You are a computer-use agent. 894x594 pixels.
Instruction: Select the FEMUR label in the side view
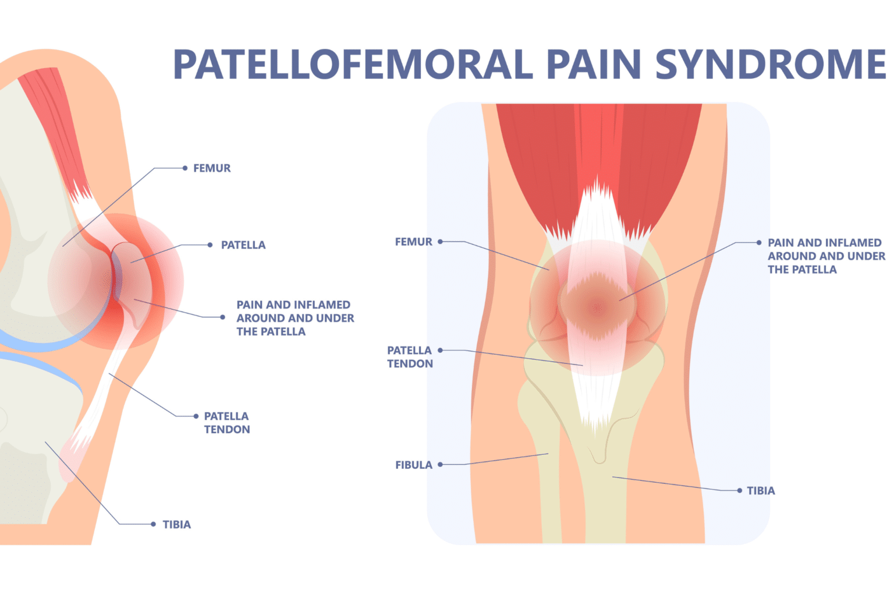212,168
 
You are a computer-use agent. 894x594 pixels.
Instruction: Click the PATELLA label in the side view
243,245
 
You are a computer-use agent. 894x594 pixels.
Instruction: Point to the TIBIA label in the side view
177,525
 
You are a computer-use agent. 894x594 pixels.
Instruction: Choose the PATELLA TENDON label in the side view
227,423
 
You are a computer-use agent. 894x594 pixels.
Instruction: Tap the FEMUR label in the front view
414,242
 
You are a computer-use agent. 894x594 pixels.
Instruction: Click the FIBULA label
414,465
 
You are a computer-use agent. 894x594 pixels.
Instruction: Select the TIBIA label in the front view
761,491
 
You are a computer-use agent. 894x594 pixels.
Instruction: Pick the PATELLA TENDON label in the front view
410,357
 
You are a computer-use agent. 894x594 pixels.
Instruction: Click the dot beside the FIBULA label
441,465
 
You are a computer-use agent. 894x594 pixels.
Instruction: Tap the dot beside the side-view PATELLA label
210,245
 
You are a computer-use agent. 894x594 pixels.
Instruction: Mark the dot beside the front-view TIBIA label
740,491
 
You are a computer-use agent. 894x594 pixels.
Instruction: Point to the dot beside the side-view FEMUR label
185,168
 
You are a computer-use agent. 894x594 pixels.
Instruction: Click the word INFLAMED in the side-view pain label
322,305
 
